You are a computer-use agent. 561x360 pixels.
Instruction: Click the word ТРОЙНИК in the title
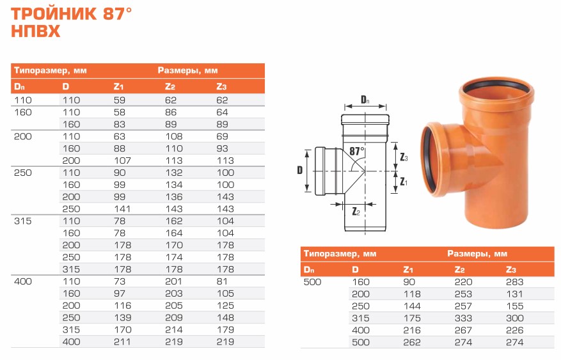click(54, 14)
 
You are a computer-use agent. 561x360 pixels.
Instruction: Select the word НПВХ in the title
click(35, 31)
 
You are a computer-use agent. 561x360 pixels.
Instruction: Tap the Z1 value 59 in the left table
click(120, 100)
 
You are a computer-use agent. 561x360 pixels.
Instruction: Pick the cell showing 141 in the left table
click(122, 209)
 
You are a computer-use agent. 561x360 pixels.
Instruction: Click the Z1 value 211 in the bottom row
click(122, 341)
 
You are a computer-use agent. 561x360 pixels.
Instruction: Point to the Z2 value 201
click(173, 281)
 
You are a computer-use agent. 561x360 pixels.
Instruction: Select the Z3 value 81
click(222, 281)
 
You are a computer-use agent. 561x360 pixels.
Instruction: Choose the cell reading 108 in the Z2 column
click(174, 136)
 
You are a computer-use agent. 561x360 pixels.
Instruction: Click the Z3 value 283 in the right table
click(514, 282)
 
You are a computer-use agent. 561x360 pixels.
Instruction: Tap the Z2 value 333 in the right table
click(463, 318)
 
